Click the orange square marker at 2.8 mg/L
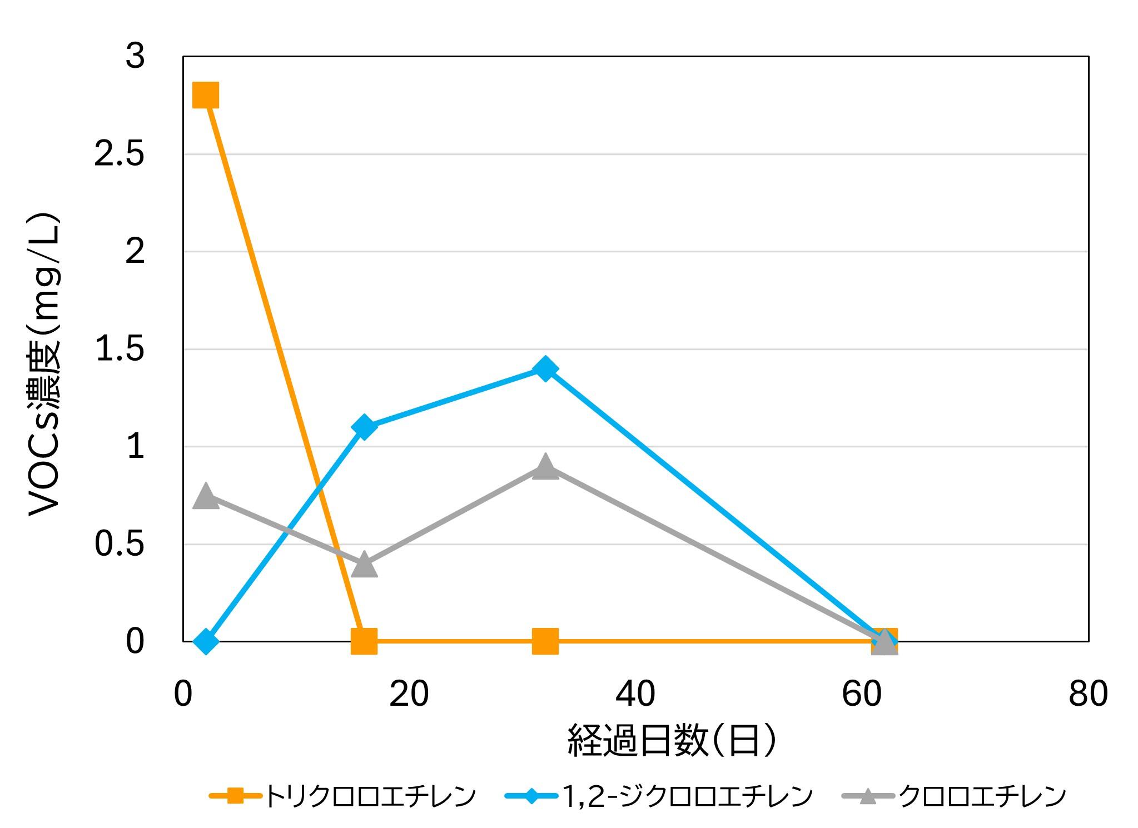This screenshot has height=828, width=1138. click(205, 95)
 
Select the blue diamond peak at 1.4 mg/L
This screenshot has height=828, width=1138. click(545, 368)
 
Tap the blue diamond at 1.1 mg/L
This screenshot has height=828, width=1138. click(364, 427)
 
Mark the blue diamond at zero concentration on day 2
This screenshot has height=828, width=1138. click(205, 641)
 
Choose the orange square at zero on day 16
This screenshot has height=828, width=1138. click(364, 641)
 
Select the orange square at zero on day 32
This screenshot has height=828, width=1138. click(545, 641)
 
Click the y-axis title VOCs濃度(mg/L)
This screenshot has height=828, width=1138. click(43, 365)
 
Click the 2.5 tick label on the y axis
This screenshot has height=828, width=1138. click(120, 154)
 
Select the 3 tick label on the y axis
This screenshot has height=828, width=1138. click(135, 57)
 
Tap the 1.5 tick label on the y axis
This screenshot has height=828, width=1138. click(120, 349)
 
